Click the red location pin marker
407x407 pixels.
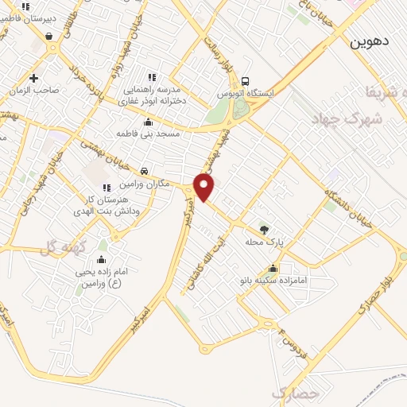[205, 186]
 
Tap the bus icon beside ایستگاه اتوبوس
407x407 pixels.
[246, 81]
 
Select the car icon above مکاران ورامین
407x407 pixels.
[144, 172]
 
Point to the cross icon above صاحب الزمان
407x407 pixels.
[33, 78]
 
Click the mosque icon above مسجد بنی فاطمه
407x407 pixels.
[147, 122]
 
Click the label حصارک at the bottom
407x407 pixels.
[294, 393]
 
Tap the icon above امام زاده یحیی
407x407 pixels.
[102, 260]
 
